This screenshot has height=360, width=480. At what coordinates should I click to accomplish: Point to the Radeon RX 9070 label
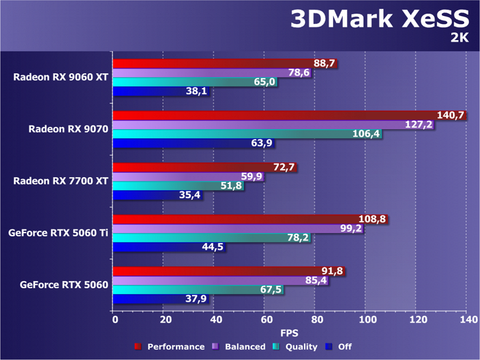[x=68, y=129]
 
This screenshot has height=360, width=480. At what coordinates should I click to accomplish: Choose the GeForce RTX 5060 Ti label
[x=58, y=233]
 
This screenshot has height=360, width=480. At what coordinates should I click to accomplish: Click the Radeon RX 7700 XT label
[x=61, y=181]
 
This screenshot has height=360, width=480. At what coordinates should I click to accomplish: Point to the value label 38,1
[x=196, y=92]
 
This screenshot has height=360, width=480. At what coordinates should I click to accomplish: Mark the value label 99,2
[x=351, y=228]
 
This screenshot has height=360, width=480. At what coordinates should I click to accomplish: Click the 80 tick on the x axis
[x=316, y=320]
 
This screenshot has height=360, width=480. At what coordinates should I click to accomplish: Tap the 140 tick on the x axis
[x=467, y=320]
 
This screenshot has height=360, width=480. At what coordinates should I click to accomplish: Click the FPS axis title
[x=290, y=334]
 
